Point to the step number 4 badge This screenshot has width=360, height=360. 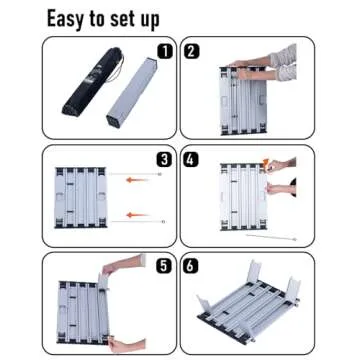[192, 156]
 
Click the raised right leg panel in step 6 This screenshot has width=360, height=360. [292, 289]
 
